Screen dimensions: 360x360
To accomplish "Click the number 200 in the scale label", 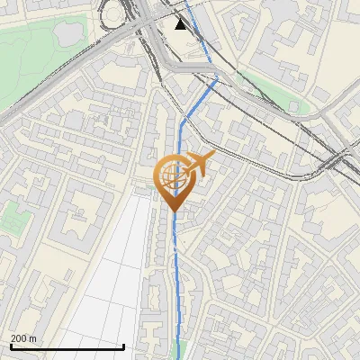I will click(18, 338).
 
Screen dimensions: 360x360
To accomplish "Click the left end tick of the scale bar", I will click(11, 345).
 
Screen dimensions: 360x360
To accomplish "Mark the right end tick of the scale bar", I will click(124, 345).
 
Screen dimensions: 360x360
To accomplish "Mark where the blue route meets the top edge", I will click(186, 2).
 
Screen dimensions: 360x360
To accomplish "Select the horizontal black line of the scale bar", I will click(67, 346).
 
